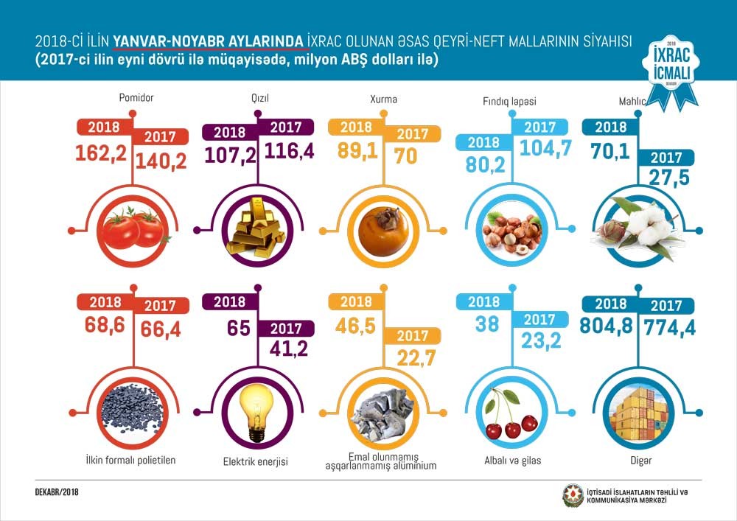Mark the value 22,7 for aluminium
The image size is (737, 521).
[x=414, y=360]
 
